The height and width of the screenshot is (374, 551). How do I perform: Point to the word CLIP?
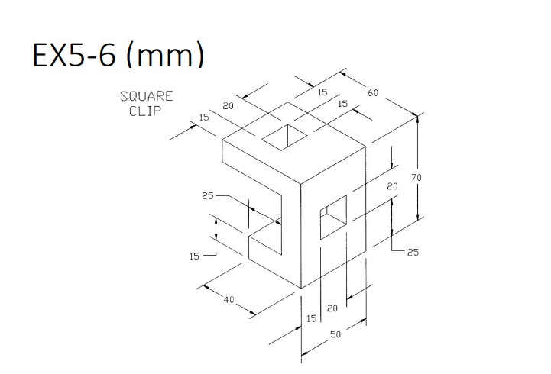pos(143,111)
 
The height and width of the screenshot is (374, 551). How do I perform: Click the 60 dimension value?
pos(373,93)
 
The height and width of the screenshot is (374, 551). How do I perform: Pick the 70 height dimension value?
pos(416,177)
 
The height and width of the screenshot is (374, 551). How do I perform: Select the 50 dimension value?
pos(335,334)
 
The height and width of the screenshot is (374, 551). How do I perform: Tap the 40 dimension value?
pos(229,298)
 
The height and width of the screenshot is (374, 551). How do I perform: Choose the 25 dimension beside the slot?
pos(208,196)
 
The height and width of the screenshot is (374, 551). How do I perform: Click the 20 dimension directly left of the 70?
pos(392,186)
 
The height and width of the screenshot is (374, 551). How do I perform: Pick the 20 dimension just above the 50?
pos(332,308)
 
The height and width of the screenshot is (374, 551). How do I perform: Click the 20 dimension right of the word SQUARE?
pos(228,106)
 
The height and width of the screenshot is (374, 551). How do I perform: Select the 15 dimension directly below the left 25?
pos(195,256)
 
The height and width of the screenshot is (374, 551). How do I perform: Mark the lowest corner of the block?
pos(300,288)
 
